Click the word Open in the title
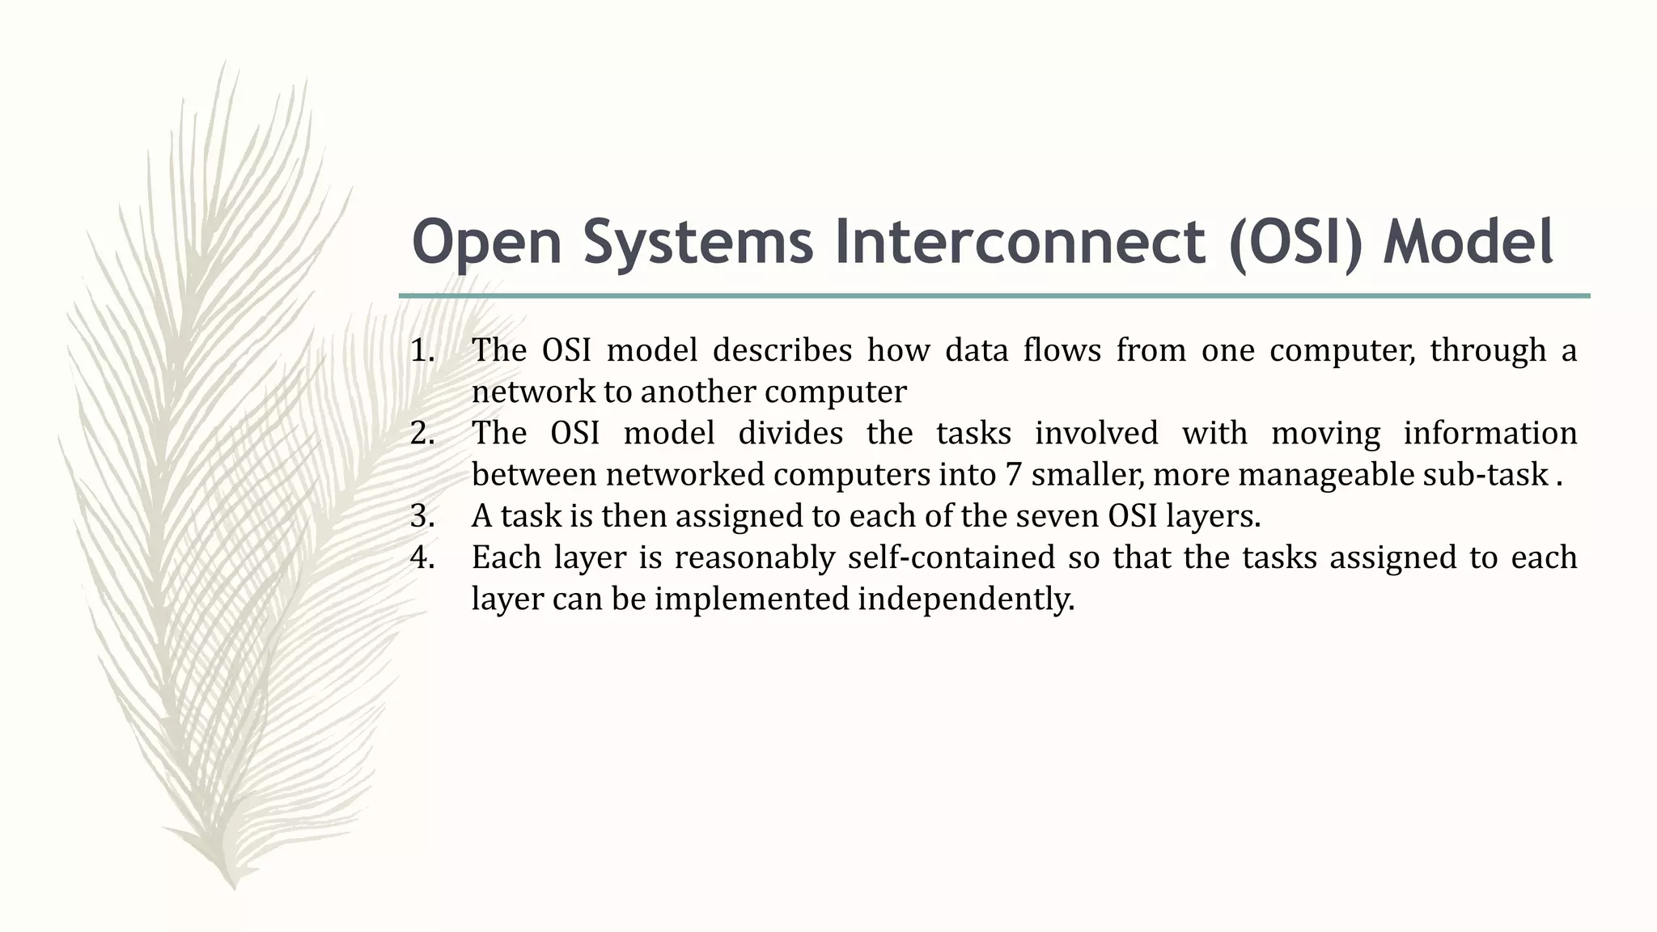[486, 243]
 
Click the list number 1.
[422, 351]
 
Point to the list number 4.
[422, 558]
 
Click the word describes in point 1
[782, 351]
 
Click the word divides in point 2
[790, 434]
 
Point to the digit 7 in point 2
[1013, 475]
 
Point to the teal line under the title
[994, 296]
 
